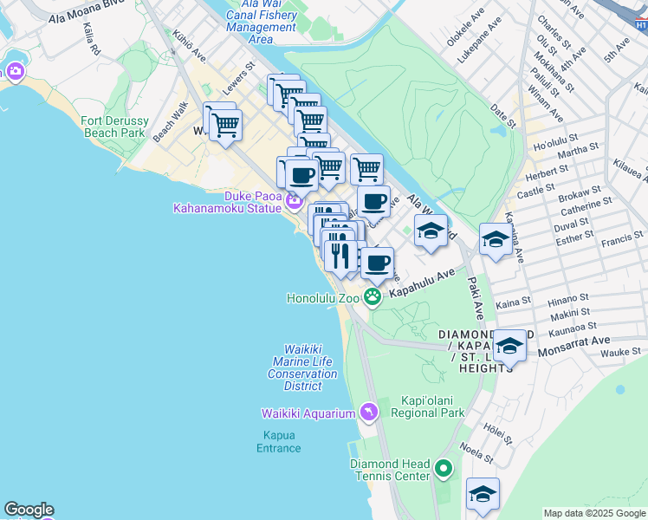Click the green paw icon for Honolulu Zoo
pos(373,298)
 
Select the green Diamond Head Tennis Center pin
pos(444,470)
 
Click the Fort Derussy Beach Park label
pos(113,127)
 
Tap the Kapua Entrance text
pos(279,441)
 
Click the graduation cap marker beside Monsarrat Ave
pos(510,347)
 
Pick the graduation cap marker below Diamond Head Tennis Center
pos(483,494)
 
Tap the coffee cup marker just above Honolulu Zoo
pos(376,263)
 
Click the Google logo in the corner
pos(29,510)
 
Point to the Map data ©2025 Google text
pos(593,513)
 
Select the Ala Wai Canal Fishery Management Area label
pos(261,21)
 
